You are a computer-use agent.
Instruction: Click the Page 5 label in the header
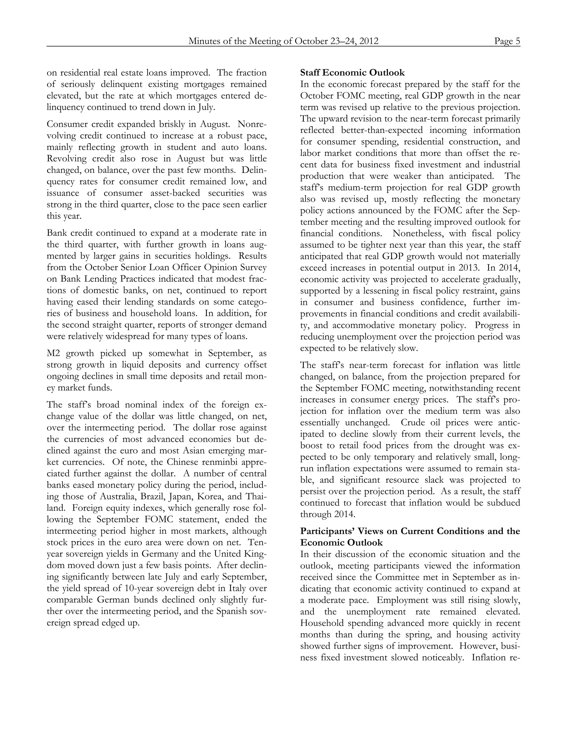507,41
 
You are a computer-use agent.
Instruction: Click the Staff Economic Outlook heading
352,73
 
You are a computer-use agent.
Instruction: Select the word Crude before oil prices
413,422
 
